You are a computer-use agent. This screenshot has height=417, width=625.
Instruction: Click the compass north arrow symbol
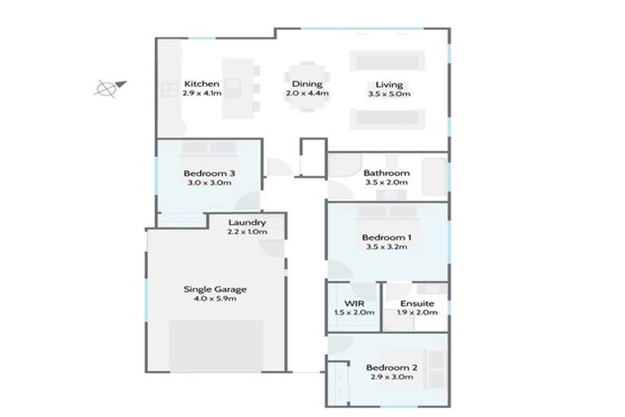pyautogui.click(x=110, y=88)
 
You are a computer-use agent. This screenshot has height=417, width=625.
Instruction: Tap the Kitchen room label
pyautogui.click(x=202, y=84)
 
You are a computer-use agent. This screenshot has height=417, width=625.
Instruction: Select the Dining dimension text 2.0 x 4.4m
pyautogui.click(x=308, y=94)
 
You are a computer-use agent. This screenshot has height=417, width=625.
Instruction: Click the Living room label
pyautogui.click(x=389, y=85)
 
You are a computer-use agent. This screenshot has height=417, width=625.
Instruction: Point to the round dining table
pyautogui.click(x=307, y=87)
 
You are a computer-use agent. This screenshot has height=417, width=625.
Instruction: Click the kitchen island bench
pyautogui.click(x=238, y=88)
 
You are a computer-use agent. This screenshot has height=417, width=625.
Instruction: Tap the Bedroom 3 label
pyautogui.click(x=209, y=173)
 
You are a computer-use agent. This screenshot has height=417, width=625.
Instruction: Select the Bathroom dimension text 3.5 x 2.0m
pyautogui.click(x=387, y=182)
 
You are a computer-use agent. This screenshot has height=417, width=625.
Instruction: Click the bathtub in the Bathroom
pyautogui.click(x=435, y=177)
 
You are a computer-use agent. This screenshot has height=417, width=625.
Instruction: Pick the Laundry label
pyautogui.click(x=247, y=222)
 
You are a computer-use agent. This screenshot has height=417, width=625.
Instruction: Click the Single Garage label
pyautogui.click(x=215, y=289)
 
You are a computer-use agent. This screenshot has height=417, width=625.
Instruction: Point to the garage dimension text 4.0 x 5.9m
pyautogui.click(x=215, y=298)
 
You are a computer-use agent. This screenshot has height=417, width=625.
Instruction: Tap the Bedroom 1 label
pyautogui.click(x=387, y=238)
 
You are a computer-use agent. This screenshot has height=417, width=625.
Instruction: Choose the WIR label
pyautogui.click(x=354, y=303)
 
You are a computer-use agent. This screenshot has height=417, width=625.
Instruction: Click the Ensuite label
pyautogui.click(x=417, y=303)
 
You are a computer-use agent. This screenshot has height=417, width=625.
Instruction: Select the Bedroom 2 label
pyautogui.click(x=391, y=367)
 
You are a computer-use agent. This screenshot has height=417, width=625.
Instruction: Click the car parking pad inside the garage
pyautogui.click(x=216, y=345)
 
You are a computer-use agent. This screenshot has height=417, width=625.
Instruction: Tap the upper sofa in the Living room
pyautogui.click(x=387, y=60)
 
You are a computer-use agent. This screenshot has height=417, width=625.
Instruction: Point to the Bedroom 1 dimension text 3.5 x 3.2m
pyautogui.click(x=387, y=247)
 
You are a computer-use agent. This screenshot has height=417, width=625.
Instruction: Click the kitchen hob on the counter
pyautogui.click(x=169, y=90)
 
